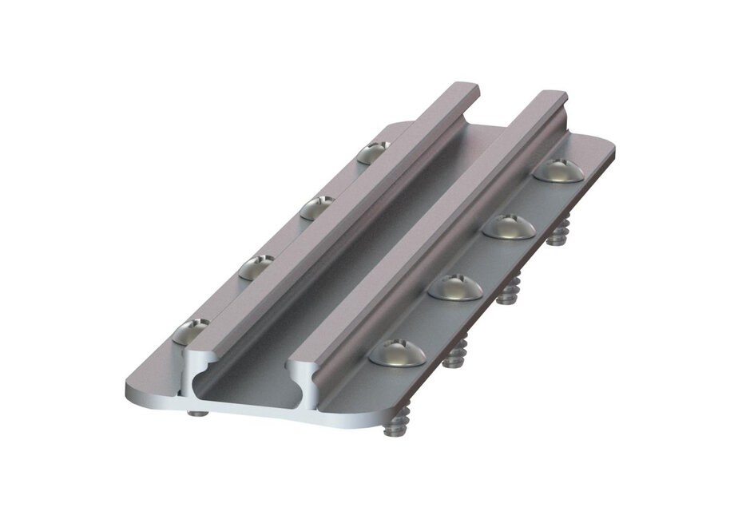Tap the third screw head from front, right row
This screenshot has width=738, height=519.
(x=509, y=226)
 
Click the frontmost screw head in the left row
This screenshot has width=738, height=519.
(x=191, y=330)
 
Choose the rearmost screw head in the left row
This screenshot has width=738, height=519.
(x=374, y=152)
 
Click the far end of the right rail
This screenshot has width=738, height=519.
(x=550, y=97)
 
